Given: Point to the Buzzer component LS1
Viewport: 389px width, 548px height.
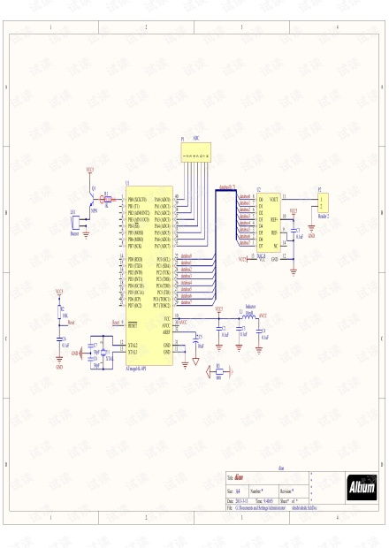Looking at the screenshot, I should (74, 222).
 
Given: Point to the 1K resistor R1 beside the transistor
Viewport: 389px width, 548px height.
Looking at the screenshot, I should (107, 200).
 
